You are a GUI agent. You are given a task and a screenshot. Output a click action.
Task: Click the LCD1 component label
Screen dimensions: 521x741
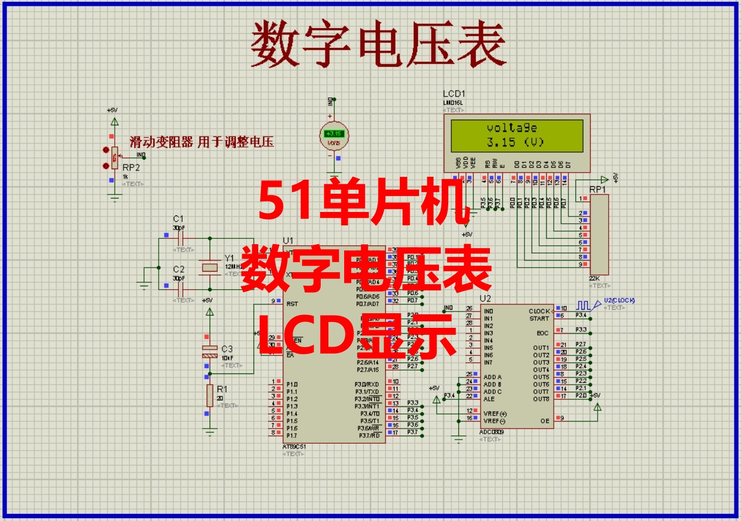455,94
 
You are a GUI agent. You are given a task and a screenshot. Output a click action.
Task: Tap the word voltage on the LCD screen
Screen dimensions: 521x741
512,128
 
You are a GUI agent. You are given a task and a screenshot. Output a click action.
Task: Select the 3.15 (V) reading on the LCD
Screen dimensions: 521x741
515,142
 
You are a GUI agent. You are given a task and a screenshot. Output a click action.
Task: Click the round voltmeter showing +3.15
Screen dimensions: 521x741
334,136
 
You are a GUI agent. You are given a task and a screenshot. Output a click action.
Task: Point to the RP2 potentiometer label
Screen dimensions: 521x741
131,167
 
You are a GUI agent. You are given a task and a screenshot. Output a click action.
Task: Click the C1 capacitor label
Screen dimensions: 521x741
178,218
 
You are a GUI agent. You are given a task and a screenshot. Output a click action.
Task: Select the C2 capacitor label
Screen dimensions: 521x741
178,269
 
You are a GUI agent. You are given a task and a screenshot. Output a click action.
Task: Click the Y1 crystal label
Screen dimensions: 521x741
229,258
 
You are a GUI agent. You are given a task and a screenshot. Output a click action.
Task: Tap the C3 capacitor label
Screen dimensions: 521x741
227,349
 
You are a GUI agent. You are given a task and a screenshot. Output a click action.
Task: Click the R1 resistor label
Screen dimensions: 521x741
222,389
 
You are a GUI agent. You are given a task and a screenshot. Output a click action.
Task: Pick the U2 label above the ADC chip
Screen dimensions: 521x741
485,298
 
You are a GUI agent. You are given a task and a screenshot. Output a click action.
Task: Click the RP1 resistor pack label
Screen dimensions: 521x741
597,190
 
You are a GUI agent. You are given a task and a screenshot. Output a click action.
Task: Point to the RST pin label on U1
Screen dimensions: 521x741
292,304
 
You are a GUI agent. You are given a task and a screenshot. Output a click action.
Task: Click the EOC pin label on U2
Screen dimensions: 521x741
543,333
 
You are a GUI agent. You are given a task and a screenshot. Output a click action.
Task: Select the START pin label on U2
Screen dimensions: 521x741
539,318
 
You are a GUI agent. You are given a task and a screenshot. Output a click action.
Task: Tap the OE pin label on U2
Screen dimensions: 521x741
544,421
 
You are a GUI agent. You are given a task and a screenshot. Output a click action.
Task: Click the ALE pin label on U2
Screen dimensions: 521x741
489,399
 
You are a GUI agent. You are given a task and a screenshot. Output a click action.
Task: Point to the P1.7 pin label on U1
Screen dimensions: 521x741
292,436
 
